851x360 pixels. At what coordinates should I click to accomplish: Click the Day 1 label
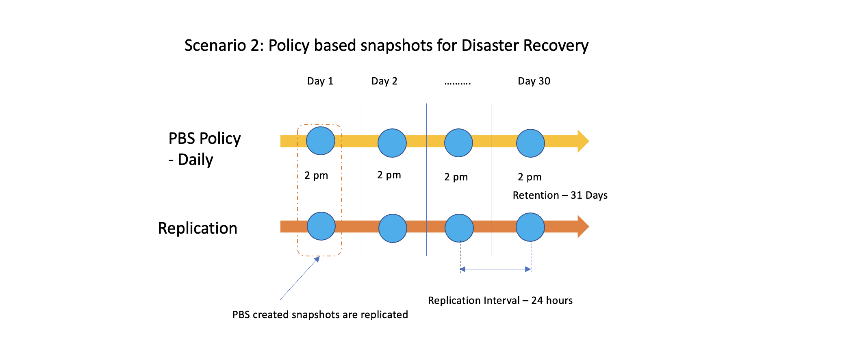[x=320, y=81]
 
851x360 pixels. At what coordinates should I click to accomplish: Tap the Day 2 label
[x=384, y=81]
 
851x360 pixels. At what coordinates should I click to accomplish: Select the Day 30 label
[x=534, y=81]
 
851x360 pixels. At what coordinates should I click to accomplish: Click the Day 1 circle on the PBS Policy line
[x=320, y=141]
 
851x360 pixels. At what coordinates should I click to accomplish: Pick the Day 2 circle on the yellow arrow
[x=392, y=143]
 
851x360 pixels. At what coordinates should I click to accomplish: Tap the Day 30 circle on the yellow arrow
[x=530, y=143]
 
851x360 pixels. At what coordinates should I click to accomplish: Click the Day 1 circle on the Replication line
[x=321, y=226]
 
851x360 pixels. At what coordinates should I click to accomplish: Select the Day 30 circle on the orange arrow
[x=530, y=227]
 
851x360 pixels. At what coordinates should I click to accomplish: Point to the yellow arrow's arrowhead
[x=583, y=141]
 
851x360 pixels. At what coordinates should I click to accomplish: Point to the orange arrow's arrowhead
[x=583, y=226]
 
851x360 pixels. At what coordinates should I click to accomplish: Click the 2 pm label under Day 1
[x=316, y=176]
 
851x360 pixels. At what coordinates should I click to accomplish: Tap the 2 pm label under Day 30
[x=529, y=177]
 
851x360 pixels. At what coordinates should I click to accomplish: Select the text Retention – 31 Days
[x=560, y=195]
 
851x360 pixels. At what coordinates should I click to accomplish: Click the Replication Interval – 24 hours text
[x=500, y=301]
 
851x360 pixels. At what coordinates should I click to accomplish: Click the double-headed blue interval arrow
[x=495, y=269]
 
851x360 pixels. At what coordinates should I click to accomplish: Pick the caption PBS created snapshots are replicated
[x=320, y=315]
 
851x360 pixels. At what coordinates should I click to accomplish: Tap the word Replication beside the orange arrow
[x=198, y=228]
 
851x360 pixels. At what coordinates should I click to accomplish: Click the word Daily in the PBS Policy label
[x=195, y=160]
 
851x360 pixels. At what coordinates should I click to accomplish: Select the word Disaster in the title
[x=490, y=46]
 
